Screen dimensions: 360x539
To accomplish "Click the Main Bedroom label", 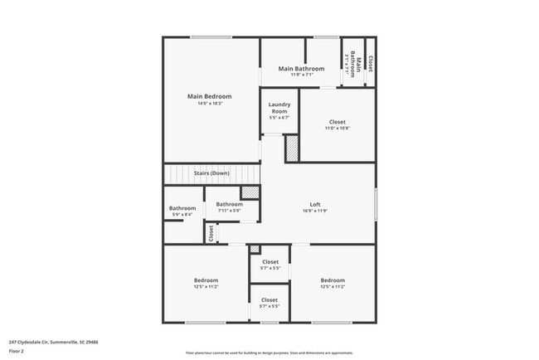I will tap(209, 96).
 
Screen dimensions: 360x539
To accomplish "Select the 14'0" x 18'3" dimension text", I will tap(209, 105).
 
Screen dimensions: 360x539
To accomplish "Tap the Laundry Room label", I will tap(279, 108).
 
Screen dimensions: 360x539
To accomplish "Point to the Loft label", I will tap(315, 204).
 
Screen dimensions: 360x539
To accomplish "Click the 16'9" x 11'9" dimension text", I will tap(315, 211).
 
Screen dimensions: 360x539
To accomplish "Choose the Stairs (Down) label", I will tap(211, 173).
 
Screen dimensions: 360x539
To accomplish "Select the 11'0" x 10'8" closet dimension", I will tap(337, 129).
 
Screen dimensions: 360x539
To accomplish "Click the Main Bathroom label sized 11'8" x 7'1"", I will tap(301, 68).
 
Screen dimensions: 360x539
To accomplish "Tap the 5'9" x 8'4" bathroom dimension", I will tap(182, 215).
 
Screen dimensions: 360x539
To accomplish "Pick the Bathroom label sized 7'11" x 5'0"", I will tap(230, 204).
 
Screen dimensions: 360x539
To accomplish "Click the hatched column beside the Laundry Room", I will tap(292, 148).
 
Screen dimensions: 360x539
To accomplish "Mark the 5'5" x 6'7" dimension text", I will tap(279, 118).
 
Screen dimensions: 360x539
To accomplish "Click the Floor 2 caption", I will tap(17, 351).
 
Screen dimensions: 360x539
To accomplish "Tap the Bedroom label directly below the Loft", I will tap(333, 280).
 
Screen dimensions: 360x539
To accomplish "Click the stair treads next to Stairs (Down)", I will tap(177, 174).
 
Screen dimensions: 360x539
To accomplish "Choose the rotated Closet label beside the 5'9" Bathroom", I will tap(211, 233).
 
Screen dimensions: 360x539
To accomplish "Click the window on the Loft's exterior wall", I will tap(376, 203).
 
